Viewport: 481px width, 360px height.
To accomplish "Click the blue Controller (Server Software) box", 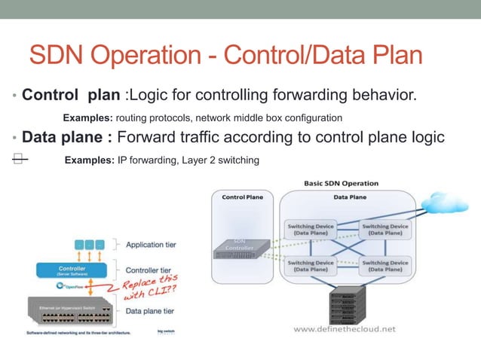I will coord(72,270).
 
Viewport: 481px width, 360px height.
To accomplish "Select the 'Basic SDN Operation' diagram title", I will coord(341,183).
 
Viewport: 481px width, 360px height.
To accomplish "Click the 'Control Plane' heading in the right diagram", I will coord(243,197).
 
